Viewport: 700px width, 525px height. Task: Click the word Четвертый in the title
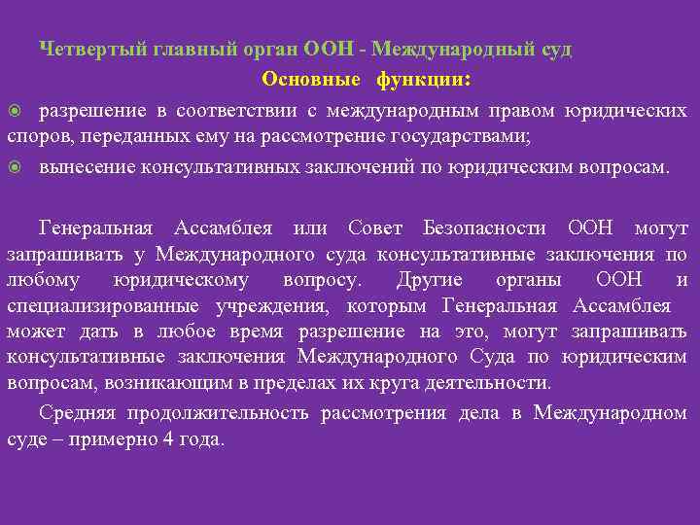point(83,50)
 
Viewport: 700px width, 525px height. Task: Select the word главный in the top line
point(167,50)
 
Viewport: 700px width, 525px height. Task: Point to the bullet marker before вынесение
point(14,166)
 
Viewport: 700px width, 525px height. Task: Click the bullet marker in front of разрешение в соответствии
point(14,111)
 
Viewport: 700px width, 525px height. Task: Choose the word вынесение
point(86,166)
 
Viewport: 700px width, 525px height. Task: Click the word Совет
point(375,228)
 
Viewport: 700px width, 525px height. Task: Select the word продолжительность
point(216,413)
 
